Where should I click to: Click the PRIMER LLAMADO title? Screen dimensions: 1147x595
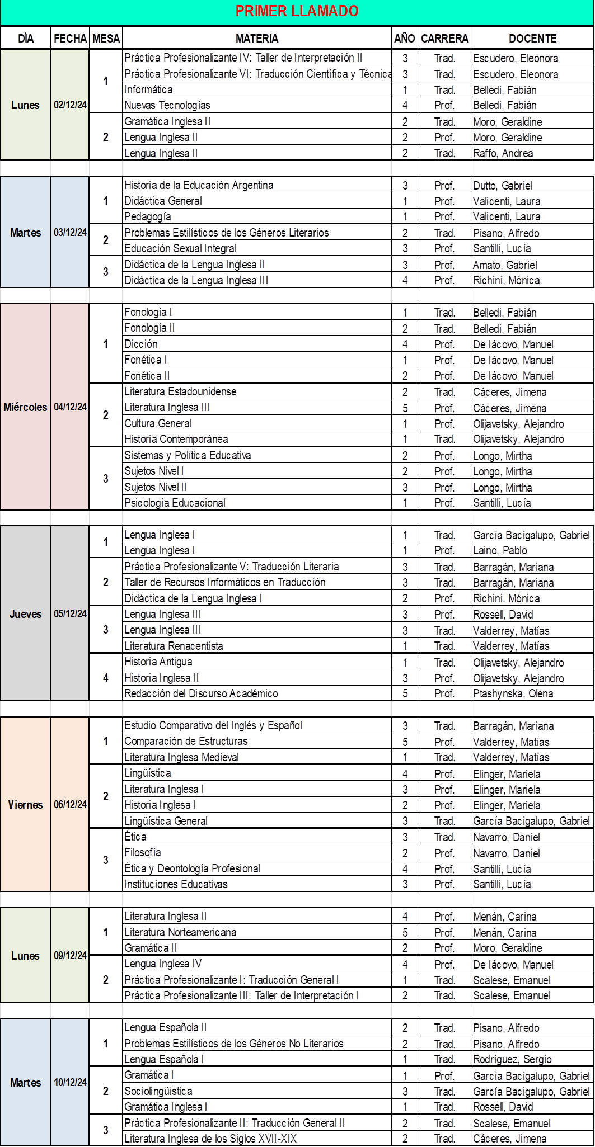point(297,11)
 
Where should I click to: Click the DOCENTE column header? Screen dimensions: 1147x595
point(532,39)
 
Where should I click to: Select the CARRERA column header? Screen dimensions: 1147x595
point(444,39)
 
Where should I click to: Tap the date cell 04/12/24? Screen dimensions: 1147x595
point(70,407)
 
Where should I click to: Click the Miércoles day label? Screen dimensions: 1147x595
point(25,407)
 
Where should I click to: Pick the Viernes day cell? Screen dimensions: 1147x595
point(25,805)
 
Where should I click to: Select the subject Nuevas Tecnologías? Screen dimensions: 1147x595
point(167,105)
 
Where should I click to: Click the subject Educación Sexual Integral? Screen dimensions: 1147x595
point(180,248)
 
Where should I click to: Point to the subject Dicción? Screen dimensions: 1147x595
point(141,344)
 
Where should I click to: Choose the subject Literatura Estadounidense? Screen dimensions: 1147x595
point(180,391)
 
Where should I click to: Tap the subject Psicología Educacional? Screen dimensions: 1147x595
point(175,503)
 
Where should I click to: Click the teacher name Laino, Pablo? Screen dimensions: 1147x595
point(500,550)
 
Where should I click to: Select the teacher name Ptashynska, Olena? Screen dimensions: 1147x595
point(513,693)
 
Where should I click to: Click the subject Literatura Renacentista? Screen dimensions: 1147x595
point(174,646)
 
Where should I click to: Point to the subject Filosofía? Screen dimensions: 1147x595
point(143,852)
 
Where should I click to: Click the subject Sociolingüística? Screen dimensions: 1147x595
point(158,1091)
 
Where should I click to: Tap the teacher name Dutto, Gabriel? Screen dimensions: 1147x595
point(502,186)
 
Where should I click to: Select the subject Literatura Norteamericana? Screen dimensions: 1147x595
point(180,932)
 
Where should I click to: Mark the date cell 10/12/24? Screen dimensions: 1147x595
point(70,1083)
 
